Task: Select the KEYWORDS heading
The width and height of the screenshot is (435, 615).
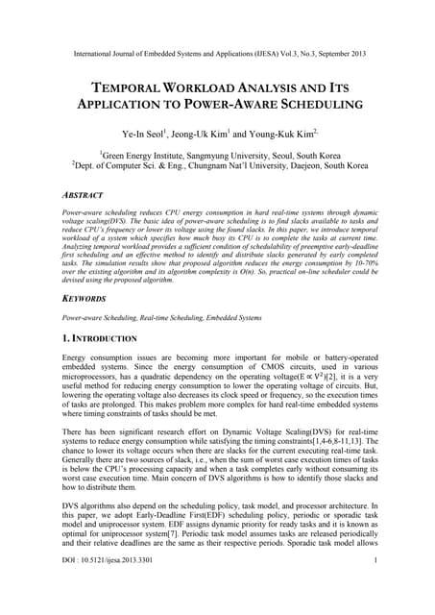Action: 85,299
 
